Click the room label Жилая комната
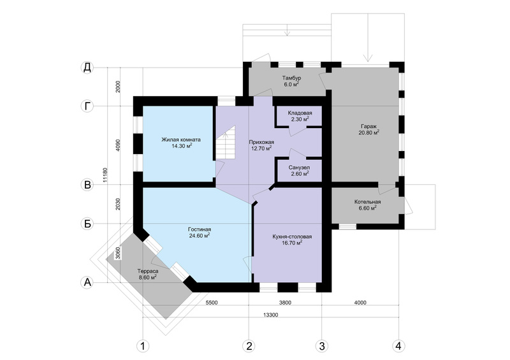tap(181, 143)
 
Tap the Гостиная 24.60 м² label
tap(200, 232)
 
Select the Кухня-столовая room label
tap(292, 240)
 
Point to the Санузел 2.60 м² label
tap(299, 170)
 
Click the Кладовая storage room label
tap(300, 116)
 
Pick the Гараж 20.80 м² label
tap(368, 129)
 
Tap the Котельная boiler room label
tap(368, 205)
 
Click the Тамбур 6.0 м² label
tap(291, 81)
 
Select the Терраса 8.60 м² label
tap(148, 274)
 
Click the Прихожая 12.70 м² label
tap(261, 145)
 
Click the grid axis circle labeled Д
tap(87, 68)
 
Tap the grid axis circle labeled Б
tap(87, 224)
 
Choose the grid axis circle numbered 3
tap(322, 346)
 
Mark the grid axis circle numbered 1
tap(142, 346)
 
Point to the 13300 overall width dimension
tap(270, 315)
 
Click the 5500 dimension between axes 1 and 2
tap(212, 303)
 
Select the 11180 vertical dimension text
tap(105, 175)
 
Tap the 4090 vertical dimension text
tap(118, 146)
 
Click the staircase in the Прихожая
tap(226, 143)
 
